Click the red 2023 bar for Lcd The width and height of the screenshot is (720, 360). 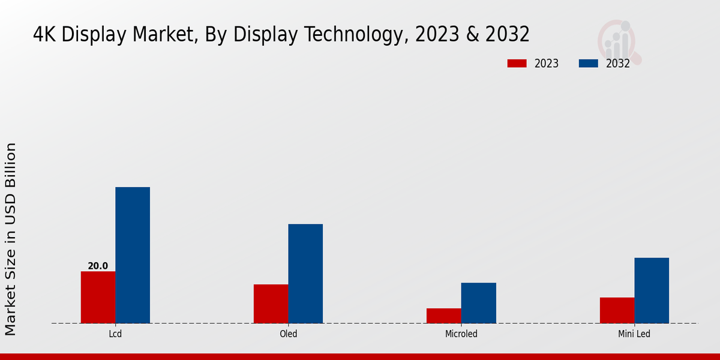98,297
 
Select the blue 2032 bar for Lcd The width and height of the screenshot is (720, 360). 133,255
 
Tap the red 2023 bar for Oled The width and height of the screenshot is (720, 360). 271,304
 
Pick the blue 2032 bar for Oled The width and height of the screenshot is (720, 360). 305,274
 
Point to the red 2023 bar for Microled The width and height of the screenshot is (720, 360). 444,316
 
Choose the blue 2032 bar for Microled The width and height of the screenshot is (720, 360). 479,303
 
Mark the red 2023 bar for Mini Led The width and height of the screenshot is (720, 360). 617,310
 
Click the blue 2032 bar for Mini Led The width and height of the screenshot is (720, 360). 652,290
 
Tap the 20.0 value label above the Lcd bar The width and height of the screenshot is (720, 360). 98,266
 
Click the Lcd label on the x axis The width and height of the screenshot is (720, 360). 115,334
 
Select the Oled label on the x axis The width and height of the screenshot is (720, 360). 288,334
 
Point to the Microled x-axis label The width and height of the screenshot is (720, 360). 461,334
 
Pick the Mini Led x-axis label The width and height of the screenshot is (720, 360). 634,334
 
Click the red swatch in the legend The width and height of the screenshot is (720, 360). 517,64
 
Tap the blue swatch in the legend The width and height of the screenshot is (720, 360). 588,64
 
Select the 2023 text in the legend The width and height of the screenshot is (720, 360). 546,64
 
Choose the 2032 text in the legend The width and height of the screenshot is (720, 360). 617,64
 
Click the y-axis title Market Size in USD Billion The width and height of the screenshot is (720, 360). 11,239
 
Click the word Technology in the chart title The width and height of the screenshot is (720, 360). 359,35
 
